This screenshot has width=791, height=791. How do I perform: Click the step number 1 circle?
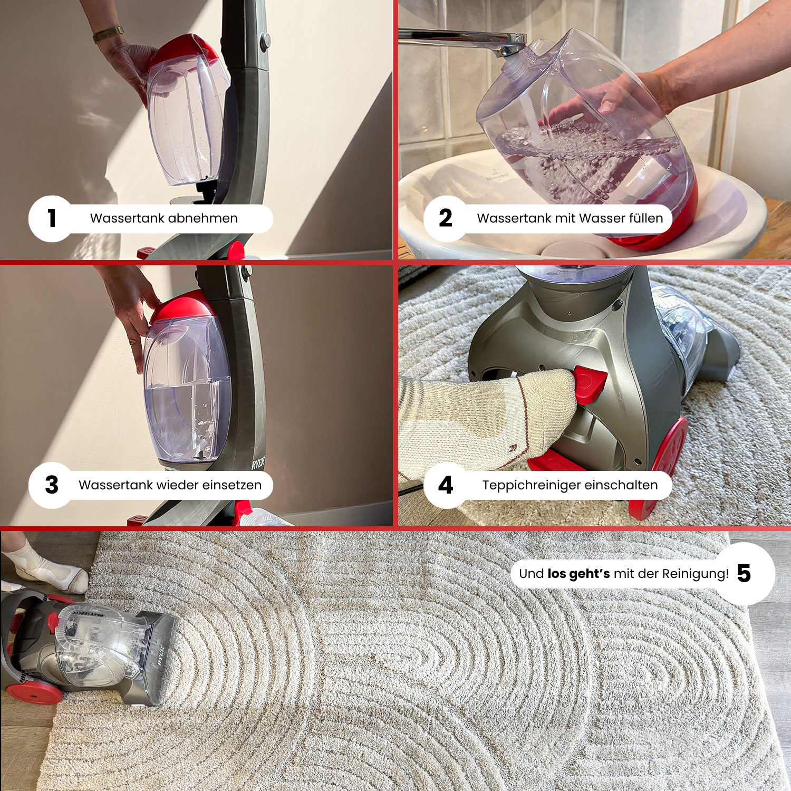pyautogui.click(x=52, y=219)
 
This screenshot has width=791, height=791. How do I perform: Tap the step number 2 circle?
pyautogui.click(x=446, y=219)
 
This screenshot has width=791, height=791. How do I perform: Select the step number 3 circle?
pyautogui.click(x=52, y=485)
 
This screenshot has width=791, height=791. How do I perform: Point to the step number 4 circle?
pyautogui.click(x=446, y=485)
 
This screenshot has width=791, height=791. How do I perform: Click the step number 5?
pyautogui.click(x=744, y=573)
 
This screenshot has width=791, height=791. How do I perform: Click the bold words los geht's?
pyautogui.click(x=579, y=574)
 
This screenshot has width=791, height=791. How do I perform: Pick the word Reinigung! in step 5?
pyautogui.click(x=696, y=574)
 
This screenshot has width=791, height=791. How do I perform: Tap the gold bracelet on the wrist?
pyautogui.click(x=108, y=34)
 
